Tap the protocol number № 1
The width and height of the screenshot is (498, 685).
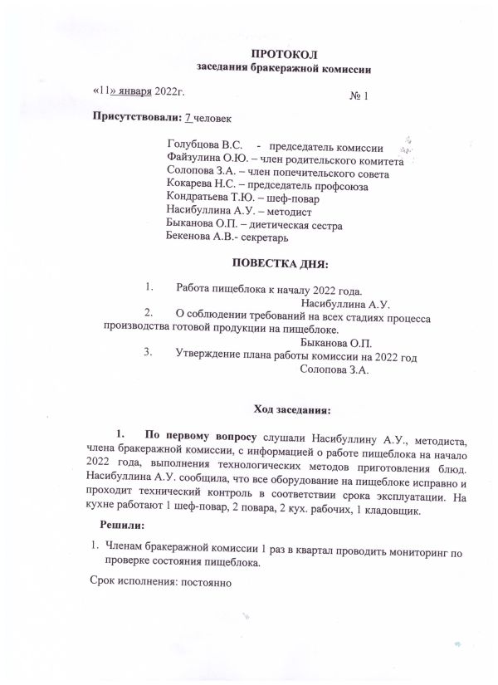point(359,96)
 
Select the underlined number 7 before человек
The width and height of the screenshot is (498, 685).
point(188,117)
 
